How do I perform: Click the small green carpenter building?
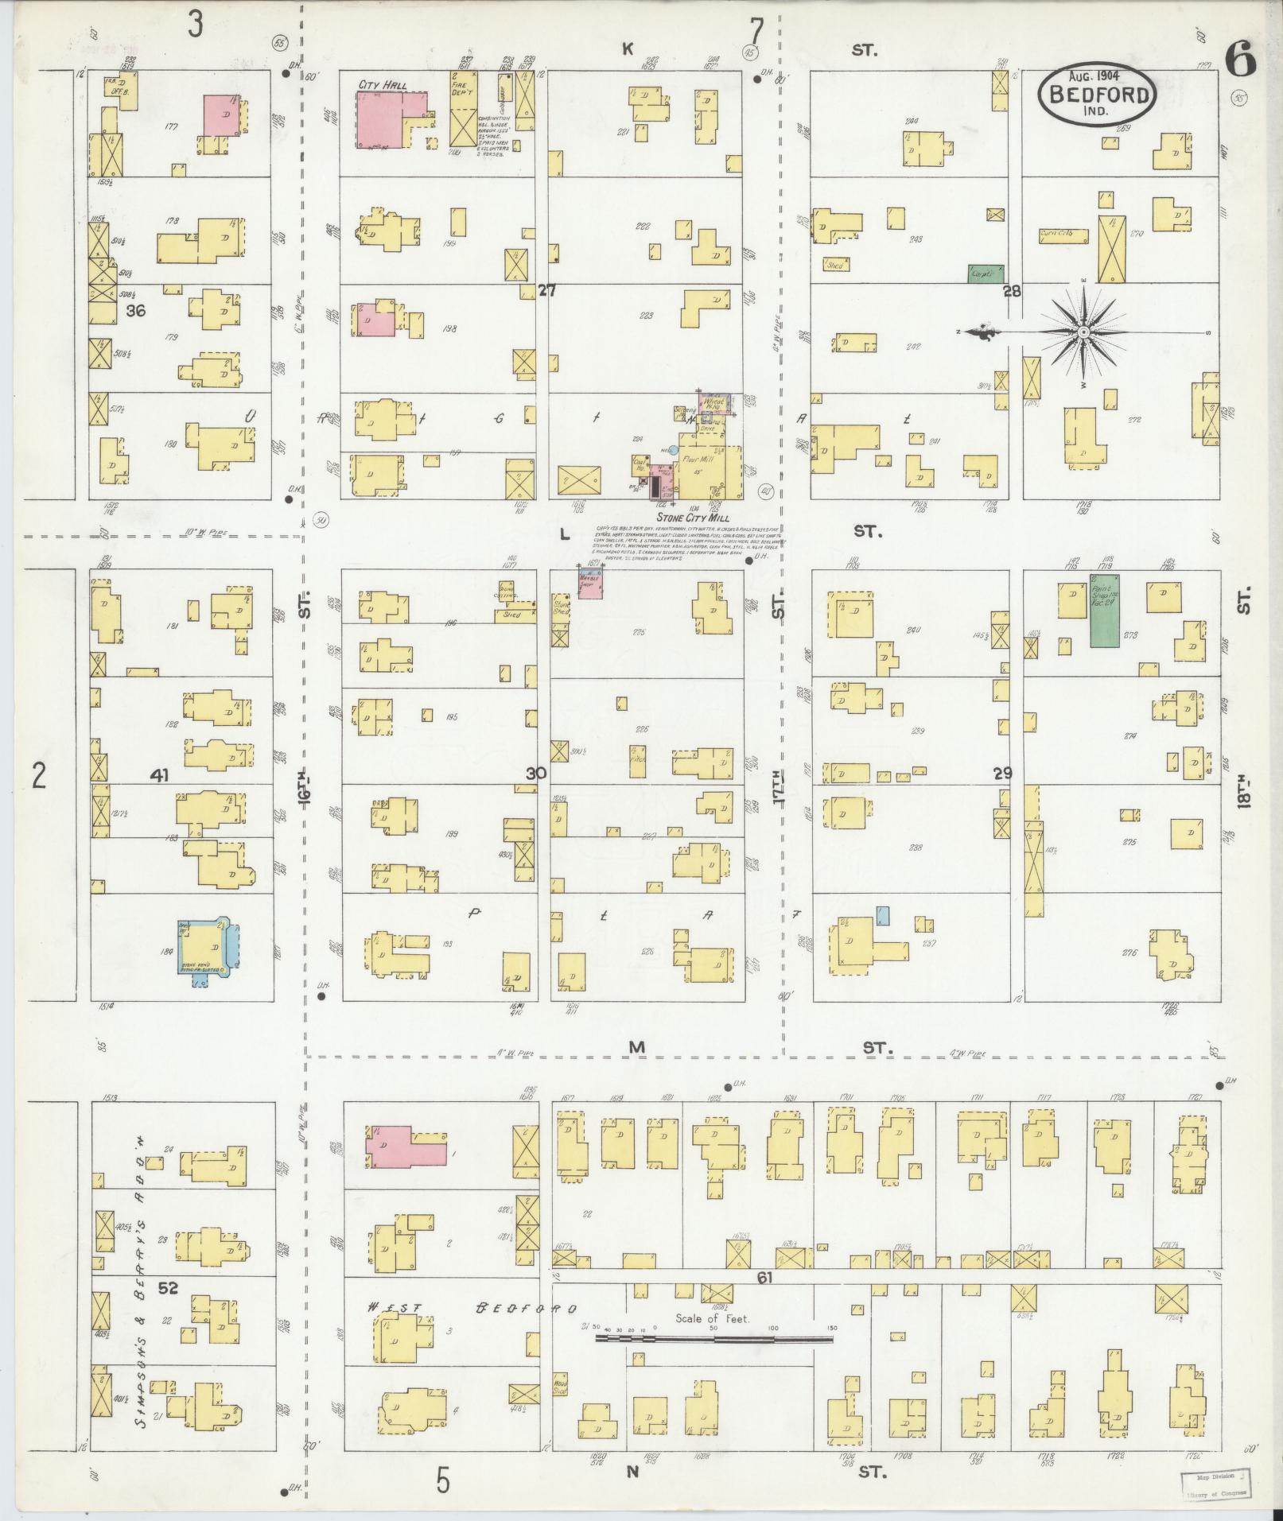985,274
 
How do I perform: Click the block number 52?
168,1310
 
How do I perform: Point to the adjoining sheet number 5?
443,1481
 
